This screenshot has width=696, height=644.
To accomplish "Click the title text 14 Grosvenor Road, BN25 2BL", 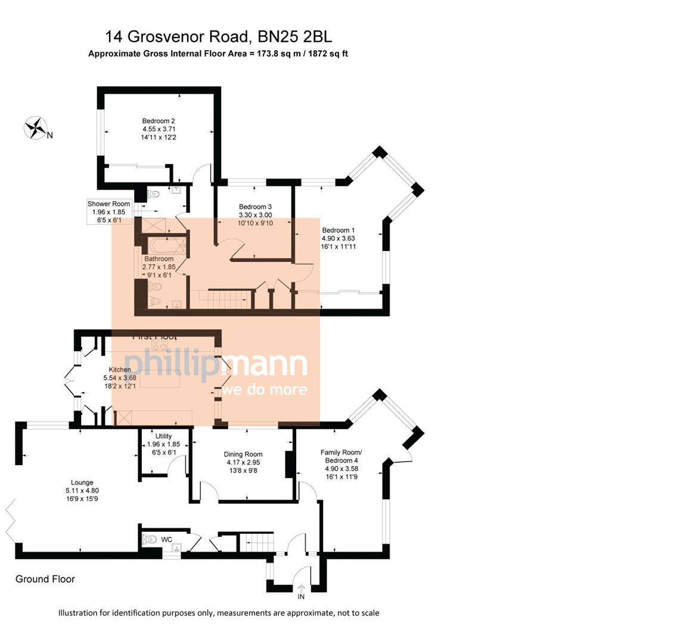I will tap(218, 37).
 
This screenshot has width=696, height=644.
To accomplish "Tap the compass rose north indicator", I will tap(36, 128).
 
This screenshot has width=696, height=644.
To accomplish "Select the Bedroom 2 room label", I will tap(159, 129).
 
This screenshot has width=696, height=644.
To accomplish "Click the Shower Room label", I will tap(108, 212).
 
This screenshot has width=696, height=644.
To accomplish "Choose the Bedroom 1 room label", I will tap(338, 238).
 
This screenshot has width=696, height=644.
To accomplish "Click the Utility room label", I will tap(163, 444).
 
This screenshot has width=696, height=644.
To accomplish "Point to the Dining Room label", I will tap(243, 462).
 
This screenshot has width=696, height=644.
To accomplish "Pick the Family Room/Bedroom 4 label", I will tap(341, 465).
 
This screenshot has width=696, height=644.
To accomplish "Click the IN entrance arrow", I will tap(301, 589).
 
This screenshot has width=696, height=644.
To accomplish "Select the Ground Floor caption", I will tap(45, 579).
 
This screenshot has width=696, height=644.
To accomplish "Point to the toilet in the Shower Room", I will tap(153, 194).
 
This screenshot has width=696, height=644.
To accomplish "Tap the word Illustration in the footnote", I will tap(79, 613).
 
